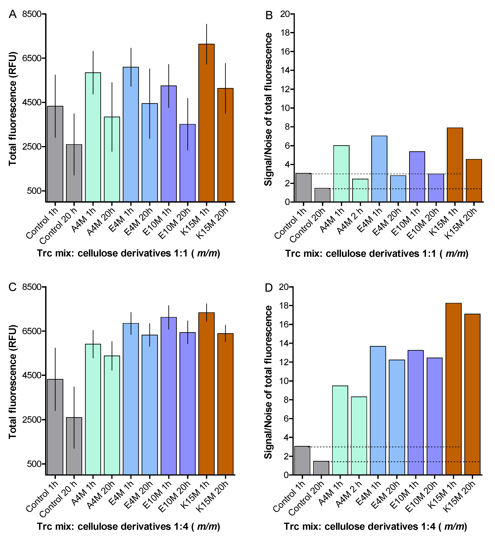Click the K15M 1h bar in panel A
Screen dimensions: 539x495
(207, 123)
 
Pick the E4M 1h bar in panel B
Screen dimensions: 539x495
(379, 169)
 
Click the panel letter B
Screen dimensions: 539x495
(269, 15)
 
